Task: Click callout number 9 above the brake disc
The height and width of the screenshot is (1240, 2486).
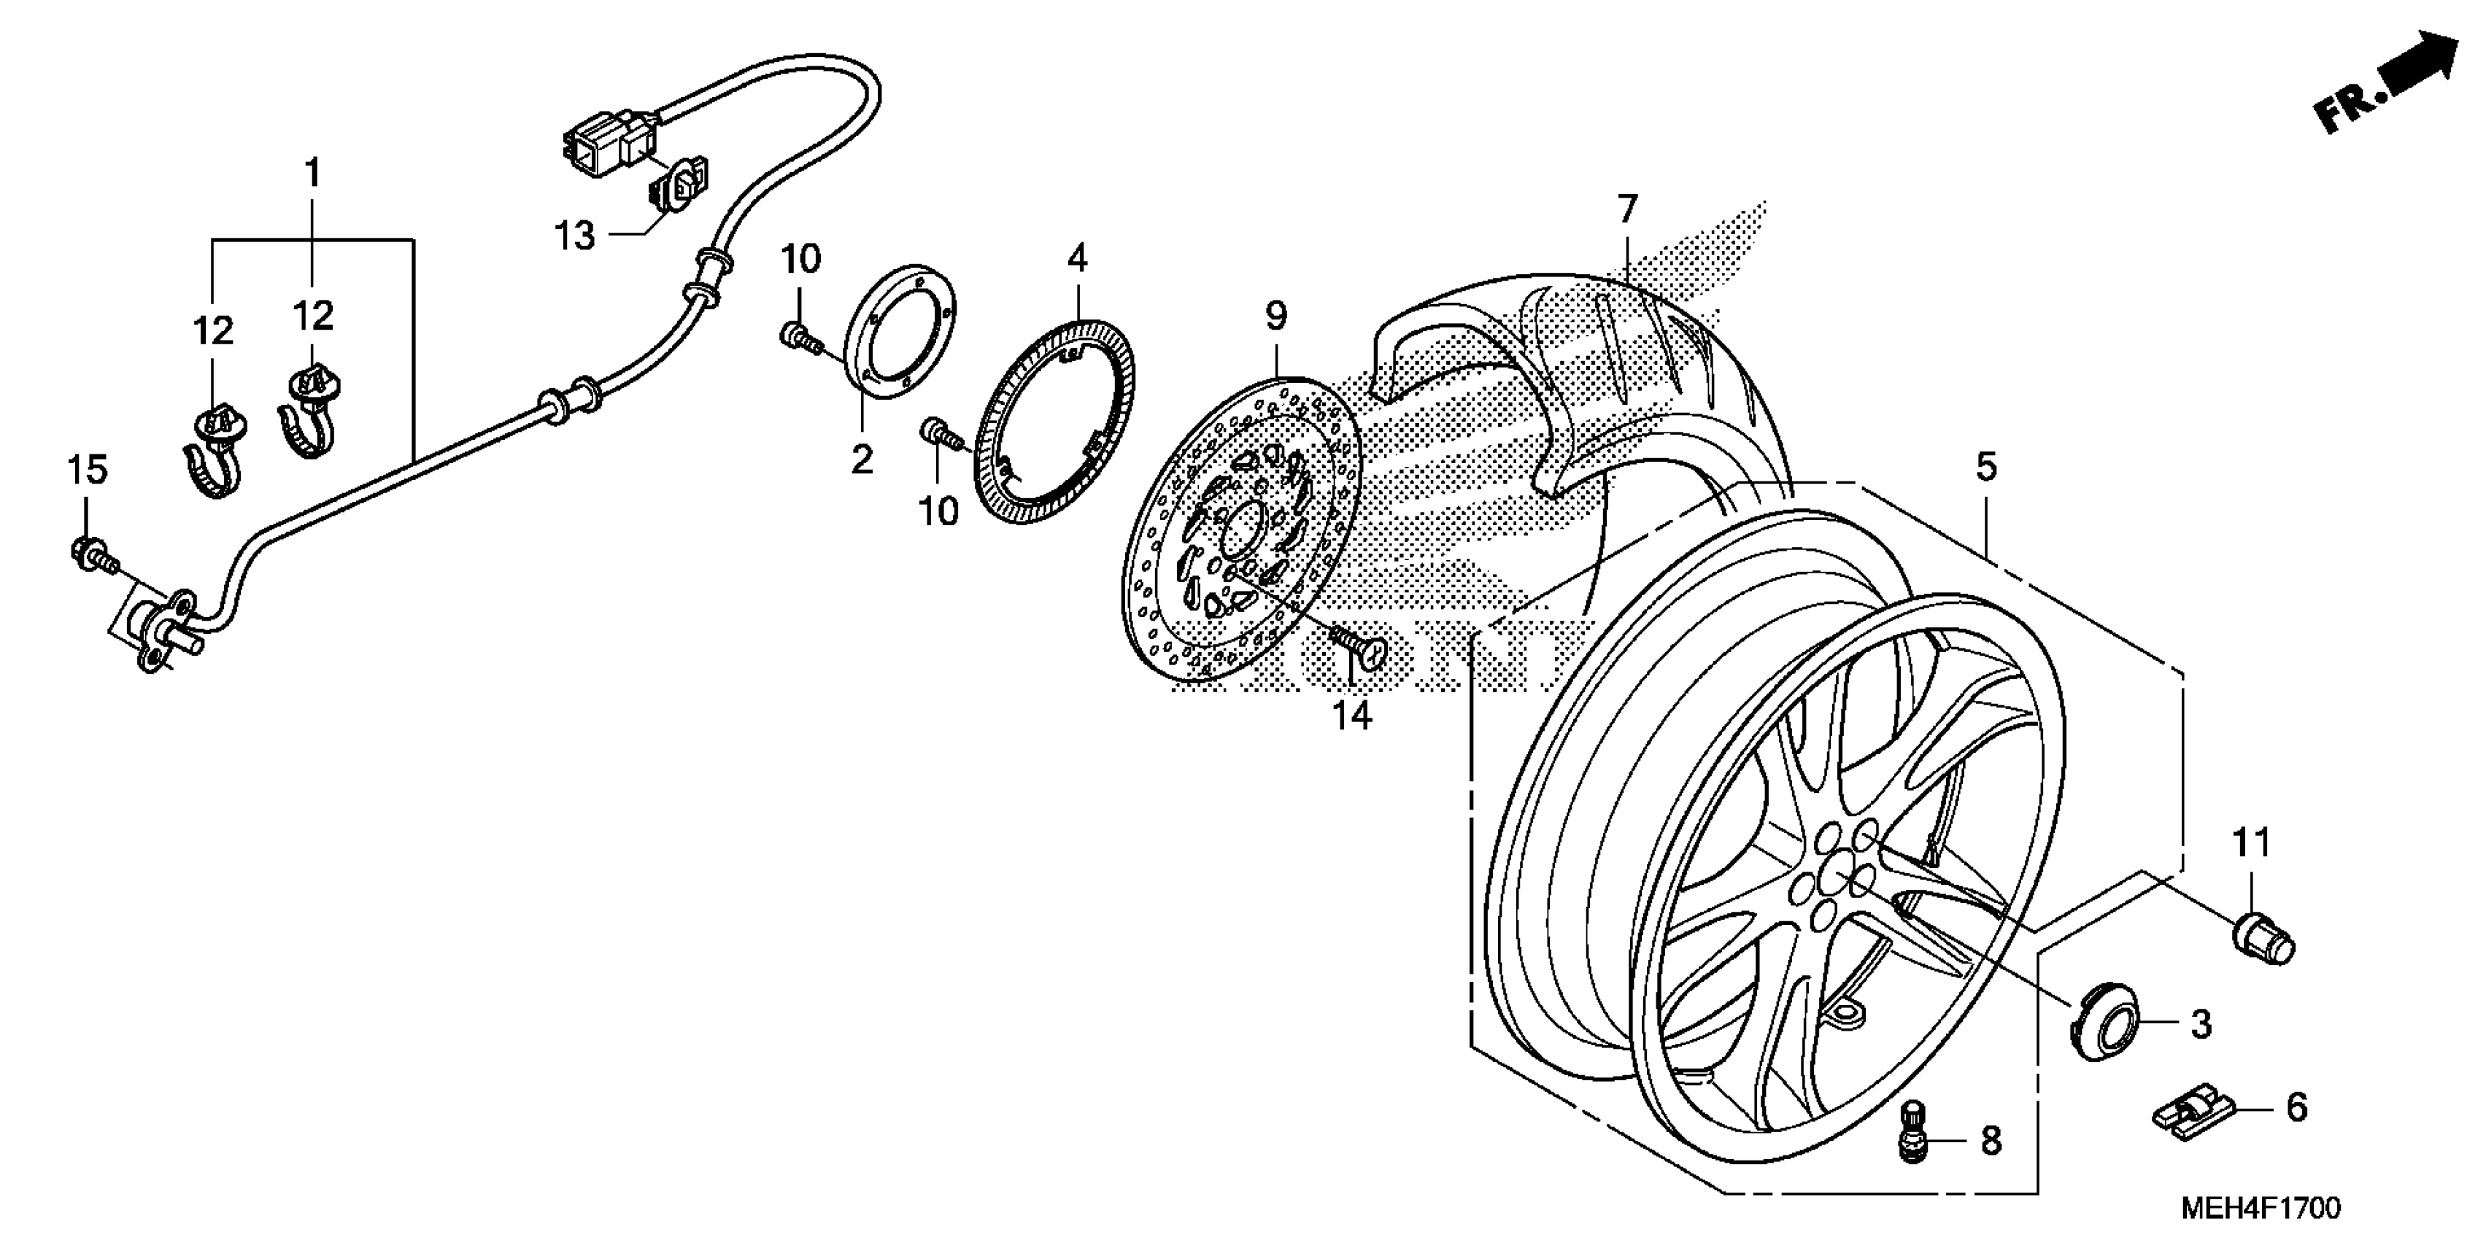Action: tap(1275, 317)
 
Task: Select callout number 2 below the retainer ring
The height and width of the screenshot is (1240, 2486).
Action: tap(861, 458)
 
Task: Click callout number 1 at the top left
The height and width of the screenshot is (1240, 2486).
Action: tap(311, 174)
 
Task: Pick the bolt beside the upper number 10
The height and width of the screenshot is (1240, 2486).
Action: tap(798, 338)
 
